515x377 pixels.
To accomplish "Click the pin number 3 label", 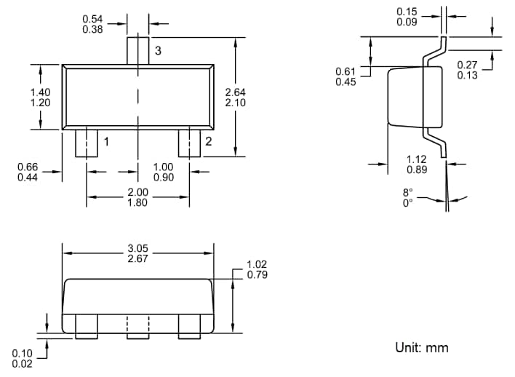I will tap(157, 50).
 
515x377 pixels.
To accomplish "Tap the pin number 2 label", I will tap(208, 141).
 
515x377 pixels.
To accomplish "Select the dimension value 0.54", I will tap(92, 18).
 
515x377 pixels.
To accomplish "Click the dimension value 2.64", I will tap(236, 92).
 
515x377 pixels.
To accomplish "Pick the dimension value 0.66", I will tap(28, 167).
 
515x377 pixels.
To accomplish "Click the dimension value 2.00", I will tap(137, 192).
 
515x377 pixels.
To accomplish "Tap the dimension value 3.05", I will tap(138, 248).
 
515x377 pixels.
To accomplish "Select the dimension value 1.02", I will tap(257, 264).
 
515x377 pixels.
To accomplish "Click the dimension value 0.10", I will tap(22, 353).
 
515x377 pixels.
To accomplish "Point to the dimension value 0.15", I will tap(407, 12).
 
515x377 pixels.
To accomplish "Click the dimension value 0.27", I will tap(467, 66).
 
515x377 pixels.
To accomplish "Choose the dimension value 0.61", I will tap(346, 71).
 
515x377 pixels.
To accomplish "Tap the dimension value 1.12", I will tap(417, 159).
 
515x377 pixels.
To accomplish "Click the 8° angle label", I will tap(407, 192).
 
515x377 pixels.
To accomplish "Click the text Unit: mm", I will tap(422, 347).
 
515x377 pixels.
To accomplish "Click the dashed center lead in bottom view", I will tap(138, 327).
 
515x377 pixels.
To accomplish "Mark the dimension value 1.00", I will tap(164, 167).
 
